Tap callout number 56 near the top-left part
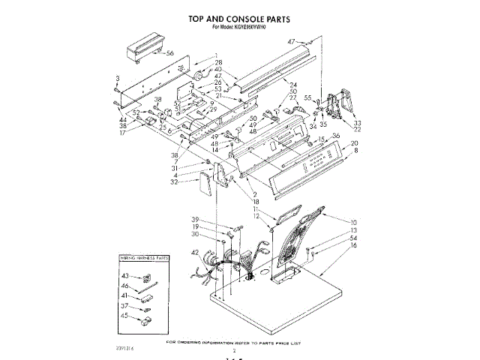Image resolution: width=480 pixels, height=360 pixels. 170,53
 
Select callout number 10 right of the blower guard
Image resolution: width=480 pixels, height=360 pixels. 354,223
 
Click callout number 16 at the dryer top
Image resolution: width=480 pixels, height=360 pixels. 354,245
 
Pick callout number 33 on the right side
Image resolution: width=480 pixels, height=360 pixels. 358,123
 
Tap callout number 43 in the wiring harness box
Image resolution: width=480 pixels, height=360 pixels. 126,276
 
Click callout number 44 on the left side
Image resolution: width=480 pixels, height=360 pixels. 121,120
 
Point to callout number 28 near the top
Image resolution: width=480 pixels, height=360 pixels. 218,62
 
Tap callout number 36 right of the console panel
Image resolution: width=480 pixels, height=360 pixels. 335,136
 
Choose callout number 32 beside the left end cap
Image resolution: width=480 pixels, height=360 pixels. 174,181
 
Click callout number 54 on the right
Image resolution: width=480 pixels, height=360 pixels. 354,238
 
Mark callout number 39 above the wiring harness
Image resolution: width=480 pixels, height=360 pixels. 216,219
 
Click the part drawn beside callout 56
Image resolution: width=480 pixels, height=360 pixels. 142,52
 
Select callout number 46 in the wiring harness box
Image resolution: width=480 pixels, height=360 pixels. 126,286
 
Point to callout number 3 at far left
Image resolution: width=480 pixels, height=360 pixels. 118,78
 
